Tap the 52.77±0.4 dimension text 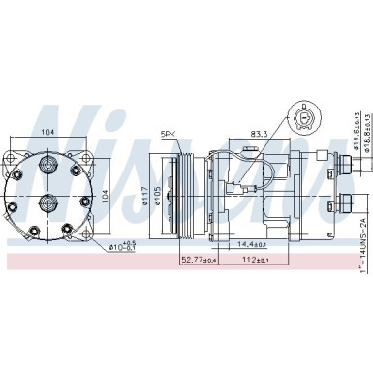point(200,260)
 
